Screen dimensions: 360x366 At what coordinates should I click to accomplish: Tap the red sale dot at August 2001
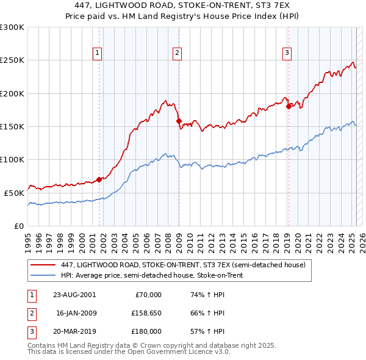coord(99,179)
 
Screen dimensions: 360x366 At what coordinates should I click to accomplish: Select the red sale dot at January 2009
coord(179,121)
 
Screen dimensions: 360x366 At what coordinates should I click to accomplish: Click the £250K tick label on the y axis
coord(12,60)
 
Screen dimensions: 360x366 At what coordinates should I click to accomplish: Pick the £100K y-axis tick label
coord(12,159)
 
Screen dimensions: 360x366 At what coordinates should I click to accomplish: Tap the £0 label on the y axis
coord(19,226)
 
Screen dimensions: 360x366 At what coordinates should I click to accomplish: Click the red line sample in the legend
coord(43,265)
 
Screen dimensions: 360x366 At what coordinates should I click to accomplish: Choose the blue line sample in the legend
coord(43,276)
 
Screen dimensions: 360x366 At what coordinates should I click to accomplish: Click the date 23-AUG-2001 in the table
coord(74,295)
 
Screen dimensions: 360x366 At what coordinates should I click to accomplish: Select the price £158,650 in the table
coord(145,313)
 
